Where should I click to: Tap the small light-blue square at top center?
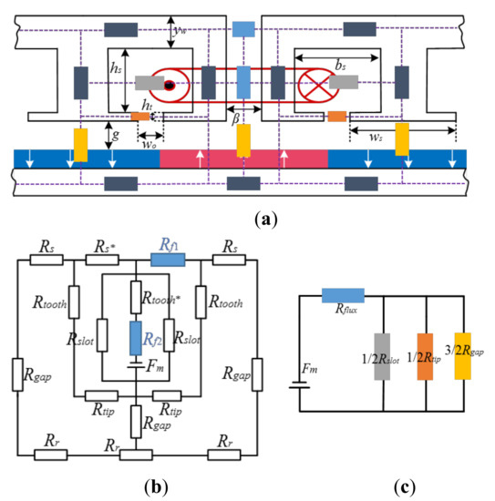pyautogui.click(x=243, y=29)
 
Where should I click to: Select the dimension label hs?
pyautogui.click(x=116, y=67)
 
